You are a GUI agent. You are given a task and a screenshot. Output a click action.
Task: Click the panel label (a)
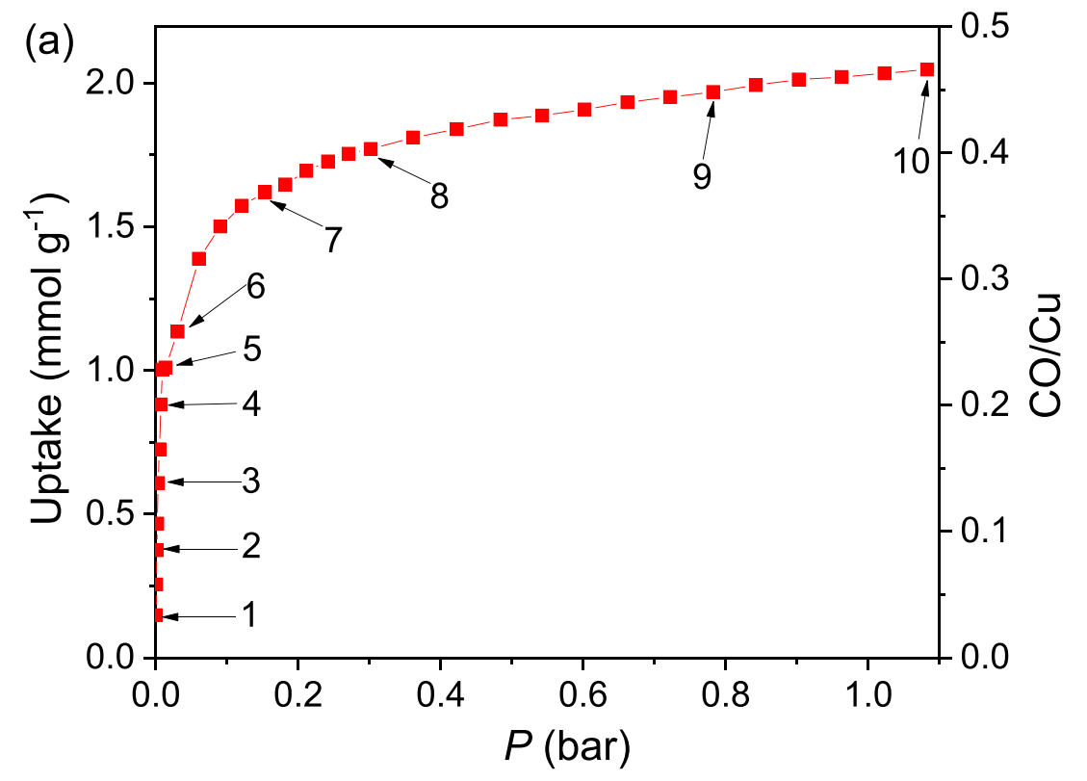click(40, 45)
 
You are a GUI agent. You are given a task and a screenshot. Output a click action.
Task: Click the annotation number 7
click(332, 240)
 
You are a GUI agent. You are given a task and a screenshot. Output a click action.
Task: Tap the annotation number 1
click(248, 614)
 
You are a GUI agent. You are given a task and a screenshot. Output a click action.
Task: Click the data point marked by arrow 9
click(713, 92)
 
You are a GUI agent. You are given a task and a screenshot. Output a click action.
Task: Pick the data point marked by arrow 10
click(927, 69)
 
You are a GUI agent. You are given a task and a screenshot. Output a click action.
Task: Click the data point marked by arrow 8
click(371, 149)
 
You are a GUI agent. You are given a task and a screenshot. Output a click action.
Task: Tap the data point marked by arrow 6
click(177, 331)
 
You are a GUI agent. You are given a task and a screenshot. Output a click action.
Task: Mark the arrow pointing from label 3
click(199, 482)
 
